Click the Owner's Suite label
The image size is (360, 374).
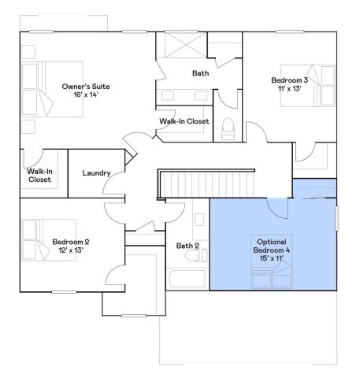click(x=86, y=85)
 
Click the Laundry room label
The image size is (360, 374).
click(x=96, y=173)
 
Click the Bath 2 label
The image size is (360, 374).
click(x=187, y=246)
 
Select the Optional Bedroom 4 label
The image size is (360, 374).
click(x=272, y=245)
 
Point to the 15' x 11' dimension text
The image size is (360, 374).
click(x=272, y=259)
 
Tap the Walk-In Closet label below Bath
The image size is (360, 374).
click(x=184, y=121)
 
